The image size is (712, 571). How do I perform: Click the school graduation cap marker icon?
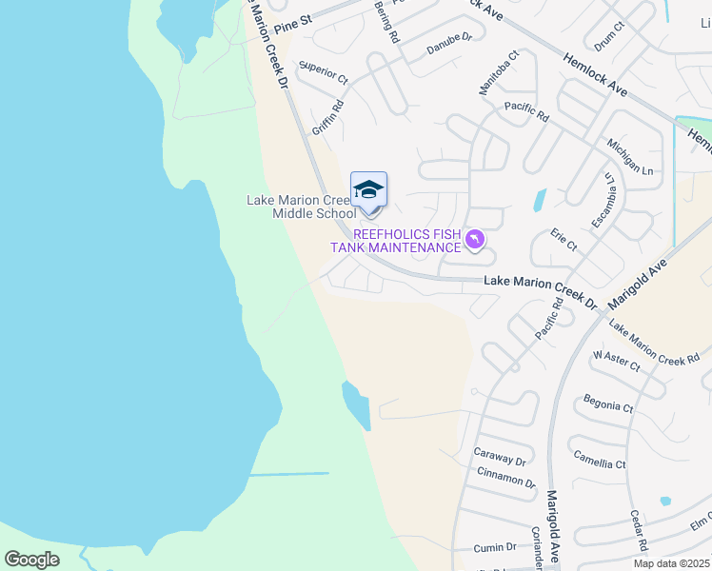(x=368, y=189)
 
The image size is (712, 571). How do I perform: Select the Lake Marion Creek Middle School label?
(x=301, y=207)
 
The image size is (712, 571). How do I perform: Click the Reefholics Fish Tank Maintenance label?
(x=395, y=241)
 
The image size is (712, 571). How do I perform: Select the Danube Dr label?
(x=449, y=43)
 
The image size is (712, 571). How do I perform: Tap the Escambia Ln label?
(x=603, y=201)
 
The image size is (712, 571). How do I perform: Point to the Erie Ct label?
(x=564, y=239)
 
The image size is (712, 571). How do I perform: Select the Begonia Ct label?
(x=608, y=402)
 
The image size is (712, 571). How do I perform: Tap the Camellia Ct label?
(x=601, y=459)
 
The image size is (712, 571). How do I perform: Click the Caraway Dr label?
(x=501, y=458)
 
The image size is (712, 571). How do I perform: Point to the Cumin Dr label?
(x=497, y=547)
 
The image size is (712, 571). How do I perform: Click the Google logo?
(x=31, y=559)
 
